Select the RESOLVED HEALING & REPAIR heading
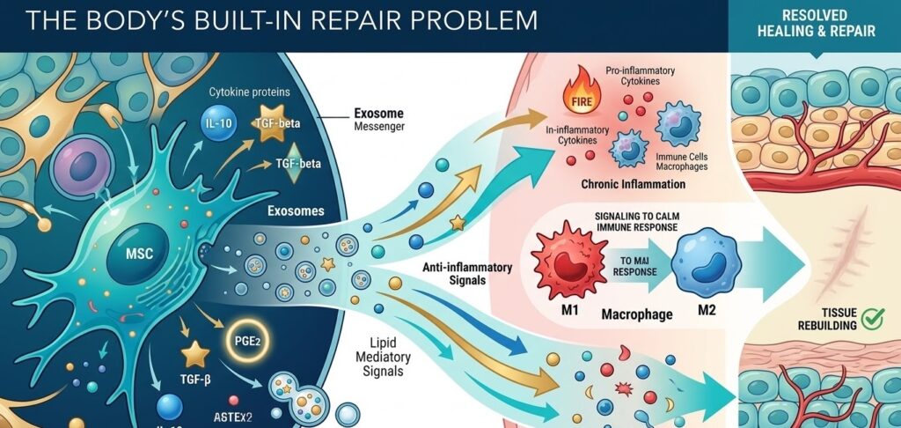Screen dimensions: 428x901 coord(814,23)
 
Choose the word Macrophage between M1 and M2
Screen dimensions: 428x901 coord(637,313)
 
